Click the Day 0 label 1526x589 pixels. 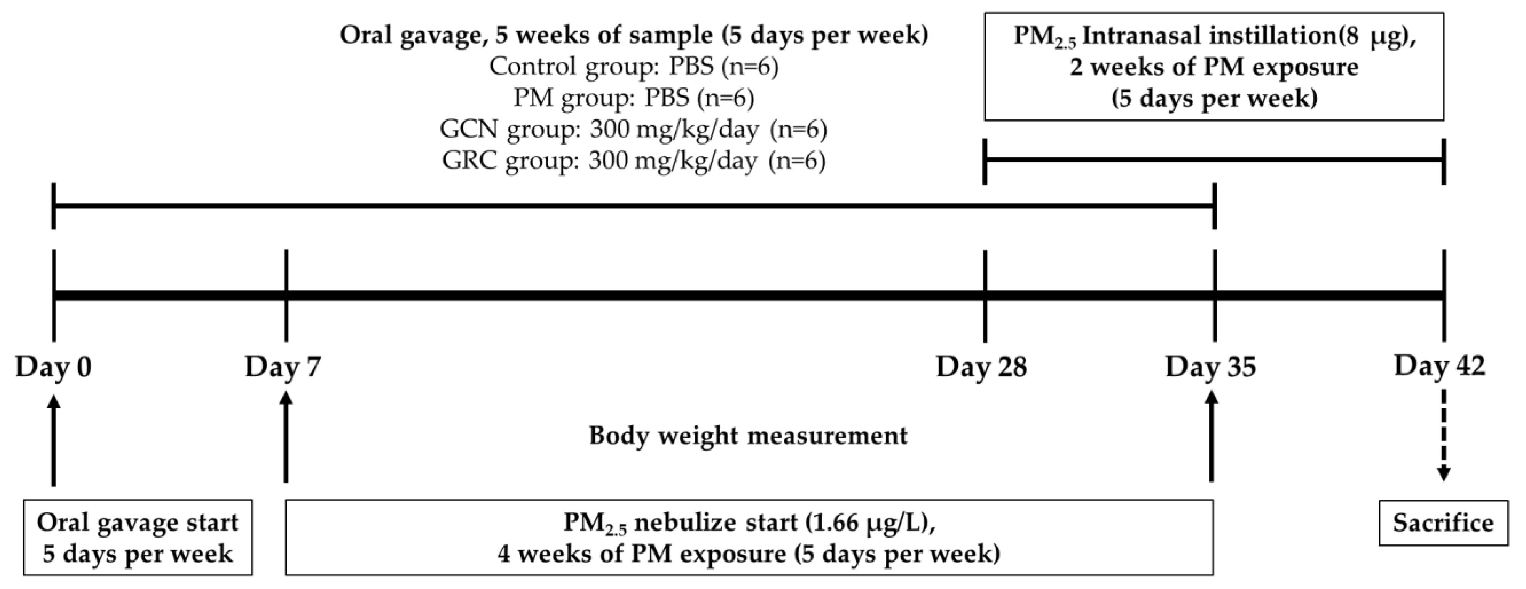53,367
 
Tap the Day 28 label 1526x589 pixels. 981,367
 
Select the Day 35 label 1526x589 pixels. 1210,367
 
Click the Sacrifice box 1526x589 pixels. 1443,523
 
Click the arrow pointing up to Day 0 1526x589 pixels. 54,441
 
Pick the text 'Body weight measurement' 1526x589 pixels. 748,436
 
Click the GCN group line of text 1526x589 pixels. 633,129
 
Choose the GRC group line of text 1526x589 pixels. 633,161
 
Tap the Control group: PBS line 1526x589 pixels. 633,66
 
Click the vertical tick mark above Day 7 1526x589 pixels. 286,295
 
